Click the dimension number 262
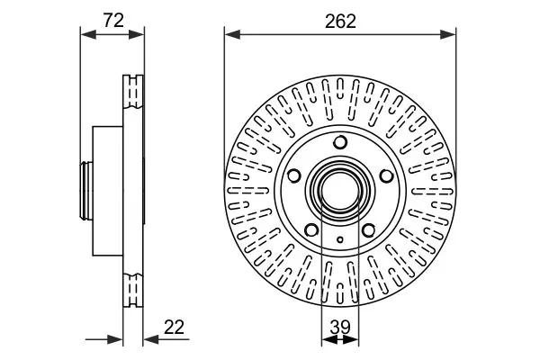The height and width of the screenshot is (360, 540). (x=340, y=21)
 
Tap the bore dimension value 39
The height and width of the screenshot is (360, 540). (x=339, y=328)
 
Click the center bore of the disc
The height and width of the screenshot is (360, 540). (x=339, y=190)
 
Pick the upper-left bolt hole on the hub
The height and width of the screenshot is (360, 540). (x=295, y=175)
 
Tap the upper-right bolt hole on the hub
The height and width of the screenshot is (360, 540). (x=384, y=175)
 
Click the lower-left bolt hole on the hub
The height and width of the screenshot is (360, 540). (x=311, y=228)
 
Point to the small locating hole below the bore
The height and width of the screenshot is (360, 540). (x=339, y=238)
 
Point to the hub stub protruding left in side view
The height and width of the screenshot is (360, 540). (x=86, y=189)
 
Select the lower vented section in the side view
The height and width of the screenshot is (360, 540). (x=132, y=288)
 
